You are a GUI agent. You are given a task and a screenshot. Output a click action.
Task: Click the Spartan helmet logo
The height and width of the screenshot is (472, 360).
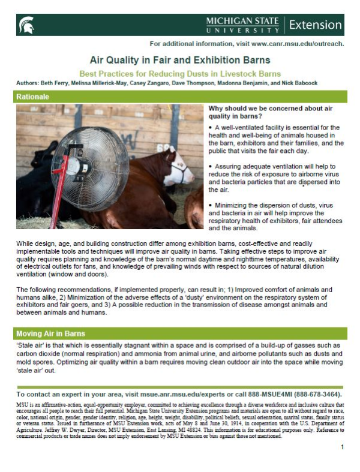pyautogui.click(x=28, y=25)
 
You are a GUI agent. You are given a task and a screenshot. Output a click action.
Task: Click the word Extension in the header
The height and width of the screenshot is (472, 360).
pyautogui.click(x=314, y=25)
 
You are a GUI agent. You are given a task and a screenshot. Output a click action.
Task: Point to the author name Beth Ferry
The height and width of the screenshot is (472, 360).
pyautogui.click(x=61, y=83)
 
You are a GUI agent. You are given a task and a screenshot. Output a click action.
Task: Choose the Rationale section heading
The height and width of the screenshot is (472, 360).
pyautogui.click(x=34, y=96)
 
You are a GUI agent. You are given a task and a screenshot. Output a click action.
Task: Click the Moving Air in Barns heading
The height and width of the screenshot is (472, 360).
pyautogui.click(x=52, y=333)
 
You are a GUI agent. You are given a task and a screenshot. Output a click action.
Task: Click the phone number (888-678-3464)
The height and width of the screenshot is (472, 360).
pyautogui.click(x=313, y=395)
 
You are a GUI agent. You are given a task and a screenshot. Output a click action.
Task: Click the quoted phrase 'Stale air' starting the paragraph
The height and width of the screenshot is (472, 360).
pyautogui.click(x=30, y=346)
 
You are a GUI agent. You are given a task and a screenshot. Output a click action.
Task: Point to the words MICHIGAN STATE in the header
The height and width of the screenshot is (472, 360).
pyautogui.click(x=242, y=20)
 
